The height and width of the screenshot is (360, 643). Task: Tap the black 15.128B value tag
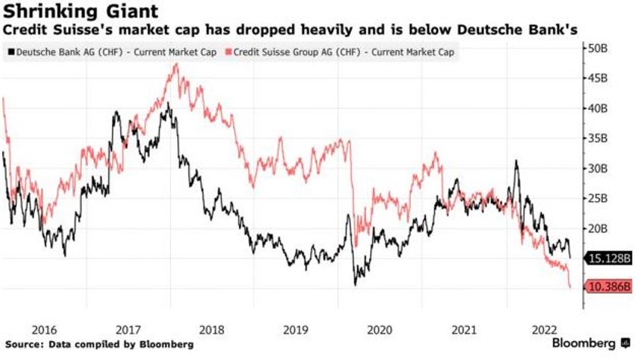(x=608, y=258)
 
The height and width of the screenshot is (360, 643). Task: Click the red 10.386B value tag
(x=608, y=287)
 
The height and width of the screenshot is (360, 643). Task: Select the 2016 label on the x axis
(x=45, y=330)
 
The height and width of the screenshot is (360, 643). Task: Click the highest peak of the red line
(x=176, y=64)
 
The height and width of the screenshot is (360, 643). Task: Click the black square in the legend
(x=9, y=51)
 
